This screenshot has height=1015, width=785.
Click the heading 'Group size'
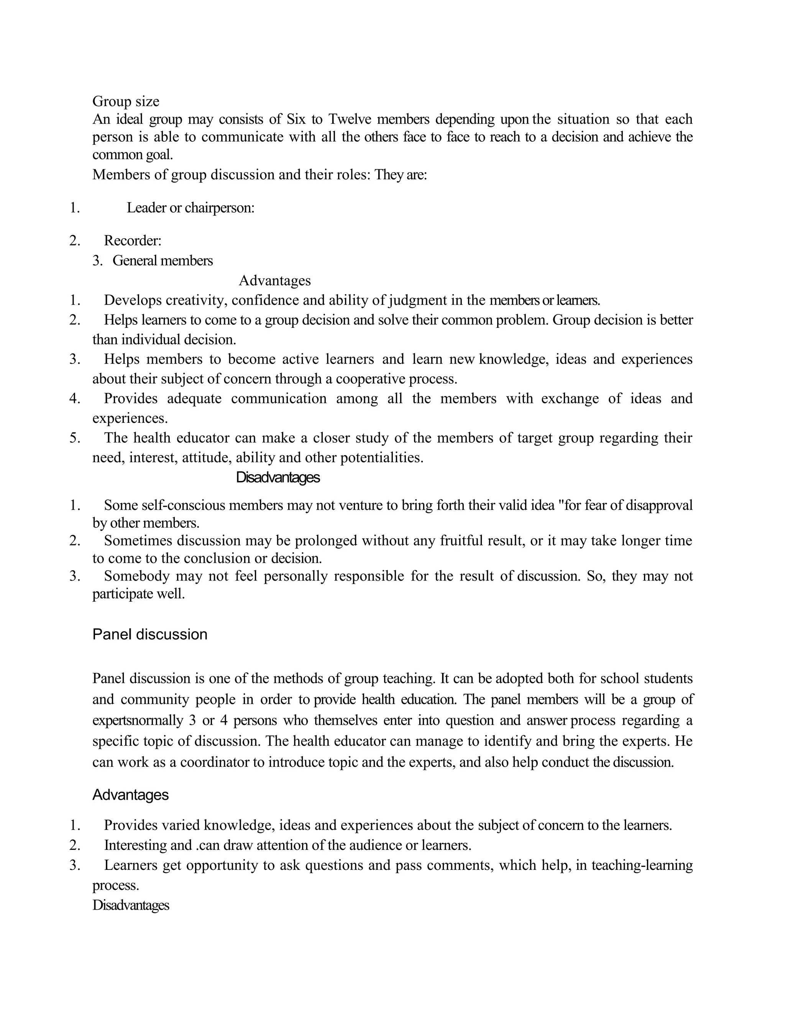point(126,101)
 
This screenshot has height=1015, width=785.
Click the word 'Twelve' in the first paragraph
point(349,120)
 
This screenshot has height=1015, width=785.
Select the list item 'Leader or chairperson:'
point(190,208)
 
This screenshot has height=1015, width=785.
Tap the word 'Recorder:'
point(133,241)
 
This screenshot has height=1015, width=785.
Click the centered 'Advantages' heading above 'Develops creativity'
point(274,281)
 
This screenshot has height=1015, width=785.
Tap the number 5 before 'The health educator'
point(74,438)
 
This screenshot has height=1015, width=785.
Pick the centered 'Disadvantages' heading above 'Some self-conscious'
point(278,478)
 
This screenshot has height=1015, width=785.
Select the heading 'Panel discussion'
point(150,634)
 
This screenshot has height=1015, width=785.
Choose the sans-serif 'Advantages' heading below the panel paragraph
point(130,795)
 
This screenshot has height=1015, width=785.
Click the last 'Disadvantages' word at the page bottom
point(130,905)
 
